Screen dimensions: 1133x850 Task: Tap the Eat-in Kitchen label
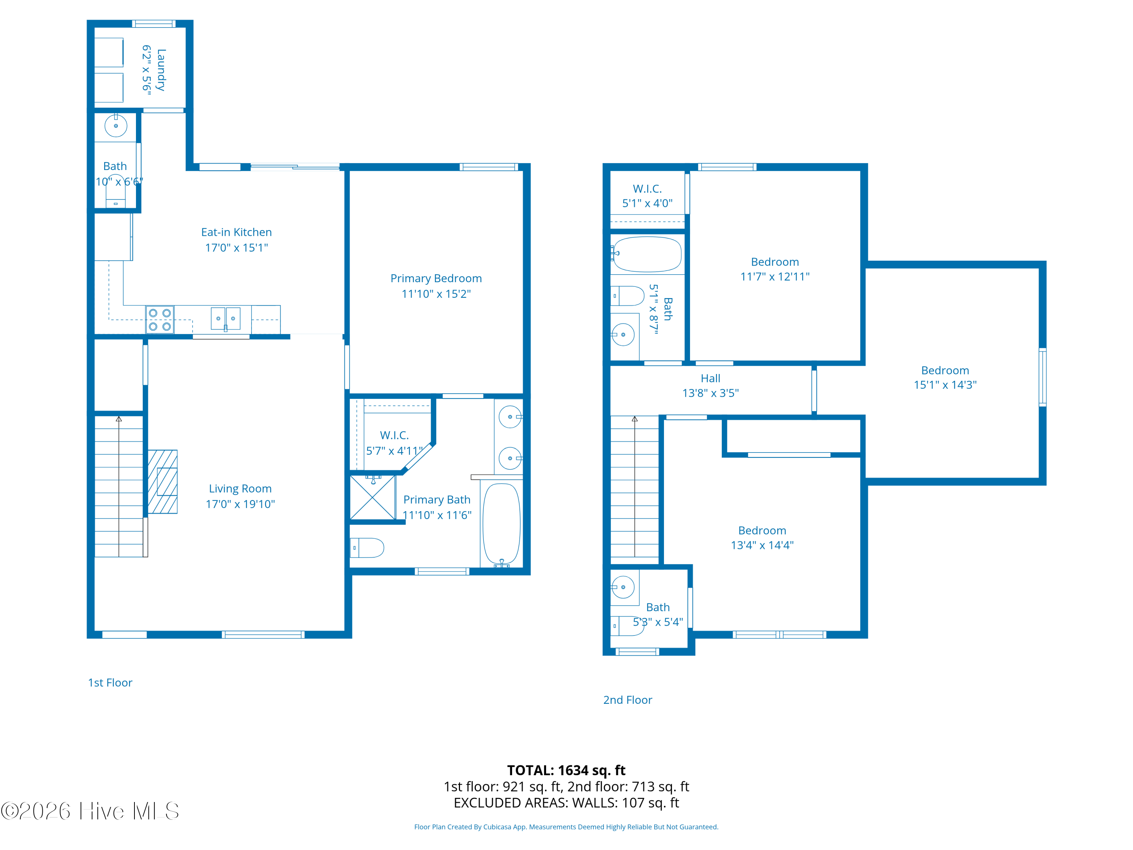(236, 232)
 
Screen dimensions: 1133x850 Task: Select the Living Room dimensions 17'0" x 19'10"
(240, 504)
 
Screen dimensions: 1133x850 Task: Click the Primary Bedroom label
(436, 278)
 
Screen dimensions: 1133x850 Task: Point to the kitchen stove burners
(160, 320)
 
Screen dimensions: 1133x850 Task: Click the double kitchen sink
(225, 319)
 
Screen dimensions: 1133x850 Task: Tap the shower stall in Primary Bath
(372, 498)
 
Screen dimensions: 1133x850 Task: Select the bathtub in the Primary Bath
(502, 524)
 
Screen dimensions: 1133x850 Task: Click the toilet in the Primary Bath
(367, 548)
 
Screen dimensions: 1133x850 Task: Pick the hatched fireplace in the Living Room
(162, 482)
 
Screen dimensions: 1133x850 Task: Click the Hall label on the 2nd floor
(710, 378)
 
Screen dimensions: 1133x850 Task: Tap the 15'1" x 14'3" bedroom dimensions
(945, 385)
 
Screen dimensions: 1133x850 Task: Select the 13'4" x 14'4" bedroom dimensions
(762, 545)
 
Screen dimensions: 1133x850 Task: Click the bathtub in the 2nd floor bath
(647, 254)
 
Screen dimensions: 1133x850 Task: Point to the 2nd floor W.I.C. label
(647, 189)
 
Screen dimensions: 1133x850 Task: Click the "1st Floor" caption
(110, 683)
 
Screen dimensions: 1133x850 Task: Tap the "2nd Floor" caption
(627, 700)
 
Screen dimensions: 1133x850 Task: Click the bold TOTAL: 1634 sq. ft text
(566, 770)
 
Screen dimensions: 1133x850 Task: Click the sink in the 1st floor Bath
(116, 125)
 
